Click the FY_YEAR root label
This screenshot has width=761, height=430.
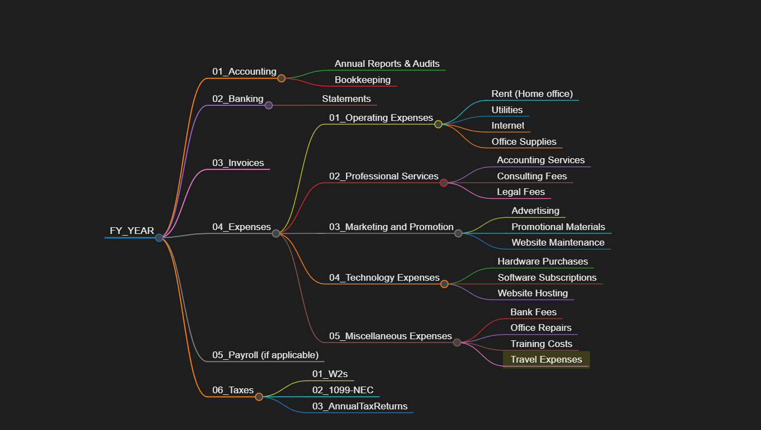pos(132,231)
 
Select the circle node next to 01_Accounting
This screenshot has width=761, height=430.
pos(281,79)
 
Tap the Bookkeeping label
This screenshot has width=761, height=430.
pos(362,80)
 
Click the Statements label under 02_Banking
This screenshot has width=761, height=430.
pos(346,99)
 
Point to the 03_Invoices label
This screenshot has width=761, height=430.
pos(238,163)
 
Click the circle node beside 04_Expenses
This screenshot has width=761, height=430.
pos(276,233)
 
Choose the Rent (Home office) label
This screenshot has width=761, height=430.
pos(532,94)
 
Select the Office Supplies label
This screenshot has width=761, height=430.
pos(524,141)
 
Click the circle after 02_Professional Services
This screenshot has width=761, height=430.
pos(443,183)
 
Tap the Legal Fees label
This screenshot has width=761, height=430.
pos(521,192)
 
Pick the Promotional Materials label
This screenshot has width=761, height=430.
pos(558,227)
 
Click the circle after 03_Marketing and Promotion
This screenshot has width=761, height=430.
pos(458,233)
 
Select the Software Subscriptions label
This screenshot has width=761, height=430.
pos(547,277)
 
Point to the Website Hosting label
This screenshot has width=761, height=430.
pos(533,293)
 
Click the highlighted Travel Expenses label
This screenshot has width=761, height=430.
pos(546,359)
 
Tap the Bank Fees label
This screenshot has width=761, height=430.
pos(533,312)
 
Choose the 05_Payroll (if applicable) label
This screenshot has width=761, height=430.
pos(265,355)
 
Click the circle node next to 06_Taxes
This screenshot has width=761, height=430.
pos(259,397)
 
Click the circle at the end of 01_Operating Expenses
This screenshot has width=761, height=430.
pos(438,124)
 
